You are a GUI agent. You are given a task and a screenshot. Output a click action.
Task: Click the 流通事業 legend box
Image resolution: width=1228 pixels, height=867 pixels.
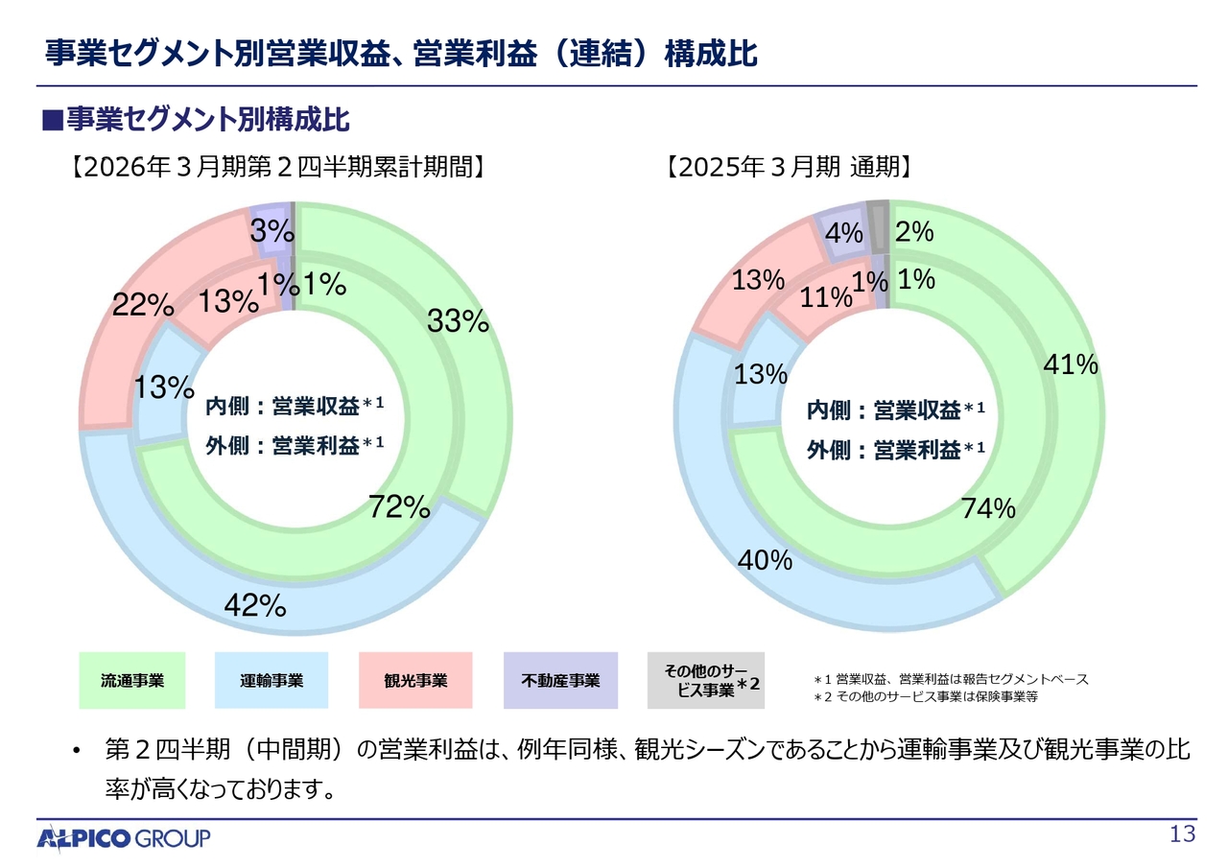[x=132, y=681]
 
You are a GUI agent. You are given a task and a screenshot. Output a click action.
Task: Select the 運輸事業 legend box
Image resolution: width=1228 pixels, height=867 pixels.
[x=272, y=681]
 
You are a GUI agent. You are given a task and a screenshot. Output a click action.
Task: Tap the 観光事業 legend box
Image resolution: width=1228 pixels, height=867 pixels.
[x=415, y=681]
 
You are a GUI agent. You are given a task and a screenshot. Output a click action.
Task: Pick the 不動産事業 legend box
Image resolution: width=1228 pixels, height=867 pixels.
[x=560, y=681]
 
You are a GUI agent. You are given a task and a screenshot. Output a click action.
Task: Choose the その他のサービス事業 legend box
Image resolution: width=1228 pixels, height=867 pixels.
[x=705, y=681]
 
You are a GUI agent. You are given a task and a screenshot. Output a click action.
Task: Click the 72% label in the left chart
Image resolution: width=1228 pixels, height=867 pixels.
[x=399, y=507]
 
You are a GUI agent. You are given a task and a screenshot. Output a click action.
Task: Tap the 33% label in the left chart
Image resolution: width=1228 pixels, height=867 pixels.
[x=458, y=322]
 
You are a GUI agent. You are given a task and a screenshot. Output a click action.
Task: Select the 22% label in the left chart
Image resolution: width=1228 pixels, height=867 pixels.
[x=143, y=305]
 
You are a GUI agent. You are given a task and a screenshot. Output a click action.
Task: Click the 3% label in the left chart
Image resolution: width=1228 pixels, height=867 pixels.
[x=272, y=230]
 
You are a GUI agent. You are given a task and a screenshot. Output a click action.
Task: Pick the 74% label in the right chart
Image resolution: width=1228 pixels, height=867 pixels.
[x=988, y=509]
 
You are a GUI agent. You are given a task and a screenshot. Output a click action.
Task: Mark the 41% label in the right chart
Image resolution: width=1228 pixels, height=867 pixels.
[x=1070, y=364]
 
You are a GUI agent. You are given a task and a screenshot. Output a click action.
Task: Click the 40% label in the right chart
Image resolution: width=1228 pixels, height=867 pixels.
[x=765, y=560]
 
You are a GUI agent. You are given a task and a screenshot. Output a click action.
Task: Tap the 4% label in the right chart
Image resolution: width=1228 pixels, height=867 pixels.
[x=845, y=233]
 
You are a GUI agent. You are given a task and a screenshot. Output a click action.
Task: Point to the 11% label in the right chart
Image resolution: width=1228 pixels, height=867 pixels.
[x=826, y=297]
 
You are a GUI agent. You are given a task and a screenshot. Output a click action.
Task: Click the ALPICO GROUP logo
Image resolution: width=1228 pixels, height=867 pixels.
[x=124, y=838]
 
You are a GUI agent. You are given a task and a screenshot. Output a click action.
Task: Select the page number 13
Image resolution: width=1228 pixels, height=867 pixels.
[x=1183, y=834]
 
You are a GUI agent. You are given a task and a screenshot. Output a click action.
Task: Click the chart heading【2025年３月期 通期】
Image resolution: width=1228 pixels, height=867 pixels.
[x=788, y=167]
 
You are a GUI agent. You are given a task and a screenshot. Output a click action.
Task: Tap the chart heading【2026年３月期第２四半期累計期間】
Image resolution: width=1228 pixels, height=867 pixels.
[x=276, y=167]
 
